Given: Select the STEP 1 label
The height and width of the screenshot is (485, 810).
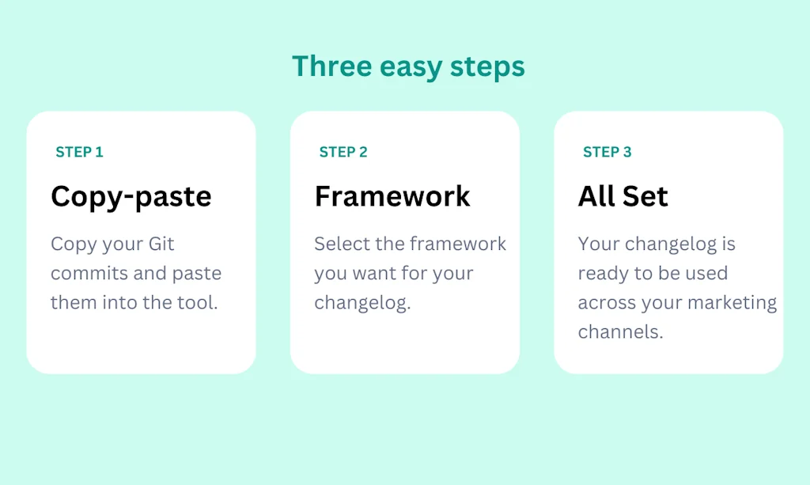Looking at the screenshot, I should pos(79,152).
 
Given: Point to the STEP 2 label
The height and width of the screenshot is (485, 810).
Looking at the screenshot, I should pos(343,152).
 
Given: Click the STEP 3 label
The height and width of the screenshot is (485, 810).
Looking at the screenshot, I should pos(607,152).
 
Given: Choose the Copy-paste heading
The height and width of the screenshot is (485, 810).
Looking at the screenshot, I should pos(131,196).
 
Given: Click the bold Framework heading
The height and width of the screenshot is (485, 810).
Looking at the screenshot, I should pos(392,195).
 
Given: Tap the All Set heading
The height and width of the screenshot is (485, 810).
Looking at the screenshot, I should pos(623,195).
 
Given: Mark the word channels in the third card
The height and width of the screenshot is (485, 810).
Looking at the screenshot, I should pos(620,332).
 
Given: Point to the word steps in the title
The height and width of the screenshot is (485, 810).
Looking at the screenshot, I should pos(487,69).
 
